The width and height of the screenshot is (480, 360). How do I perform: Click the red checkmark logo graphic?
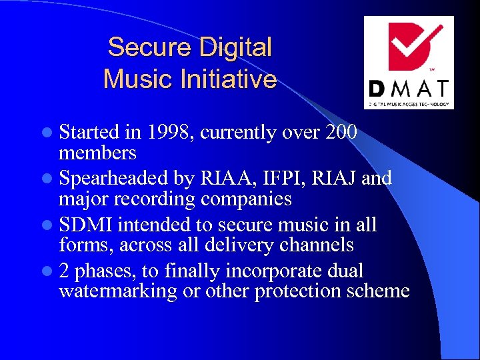[x=408, y=47]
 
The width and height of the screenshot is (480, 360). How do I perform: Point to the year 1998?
[x=171, y=133]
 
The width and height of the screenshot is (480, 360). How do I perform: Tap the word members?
[x=97, y=153]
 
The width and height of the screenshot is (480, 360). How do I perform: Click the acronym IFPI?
[x=279, y=179]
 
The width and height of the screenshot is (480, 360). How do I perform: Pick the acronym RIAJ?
[x=337, y=179]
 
